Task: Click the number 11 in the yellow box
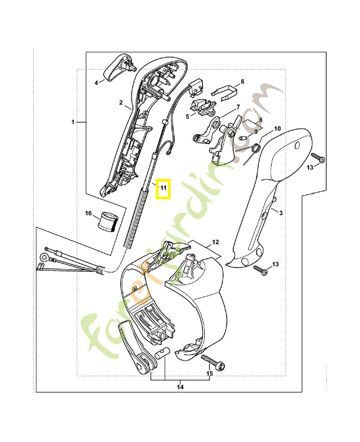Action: pyautogui.click(x=163, y=188)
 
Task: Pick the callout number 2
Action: pyautogui.click(x=120, y=102)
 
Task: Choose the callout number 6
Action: pyautogui.click(x=242, y=81)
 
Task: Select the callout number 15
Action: pyautogui.click(x=209, y=374)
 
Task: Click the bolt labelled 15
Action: pyautogui.click(x=213, y=363)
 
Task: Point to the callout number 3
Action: pyautogui.click(x=281, y=213)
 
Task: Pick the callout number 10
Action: pyautogui.click(x=277, y=128)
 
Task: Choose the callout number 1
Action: pyautogui.click(x=72, y=121)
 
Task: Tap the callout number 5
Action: pyautogui.click(x=187, y=117)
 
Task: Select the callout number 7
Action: pyautogui.click(x=238, y=107)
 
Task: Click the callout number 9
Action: pyautogui.click(x=256, y=131)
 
